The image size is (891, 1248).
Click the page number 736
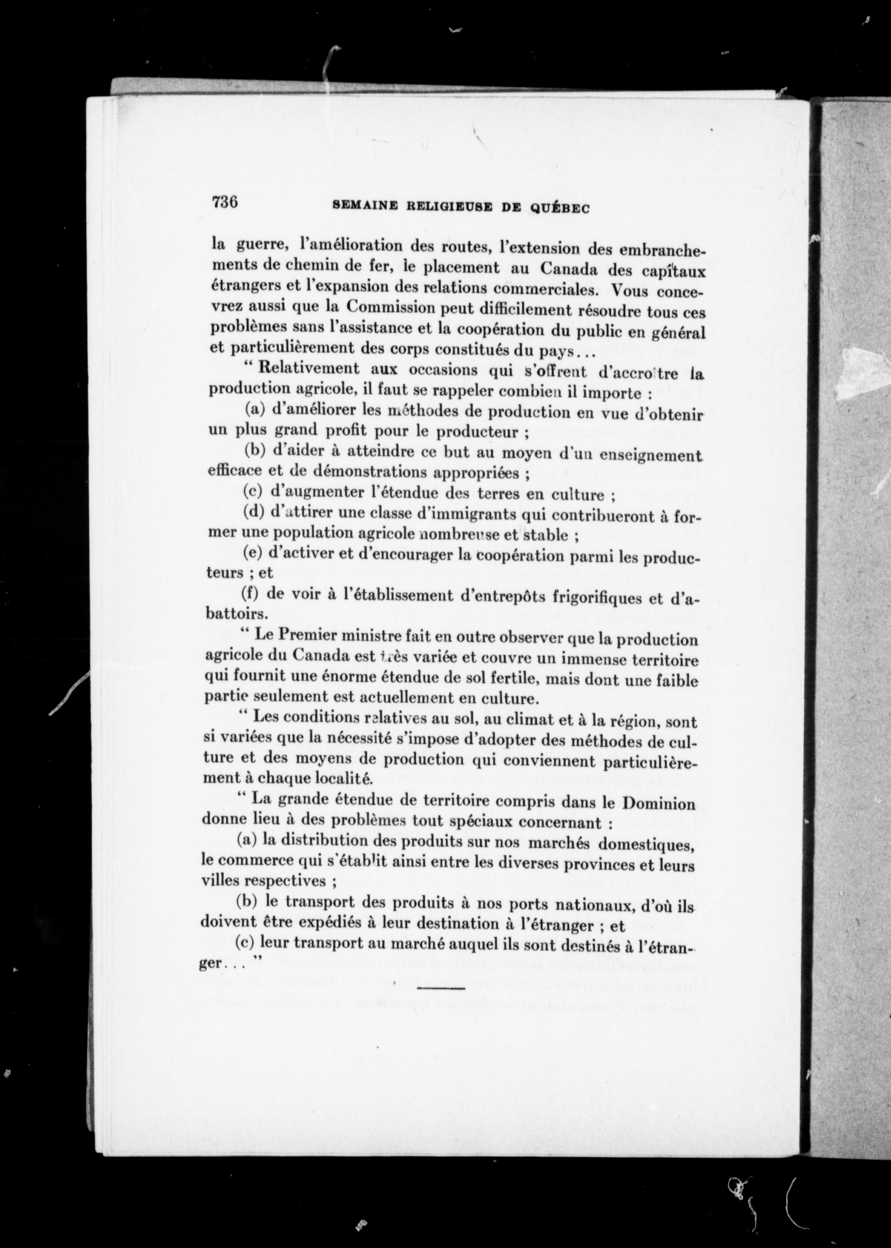point(224,202)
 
